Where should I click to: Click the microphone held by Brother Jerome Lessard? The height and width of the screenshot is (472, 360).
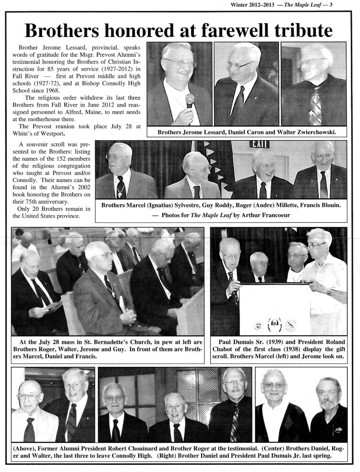[190, 101]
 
